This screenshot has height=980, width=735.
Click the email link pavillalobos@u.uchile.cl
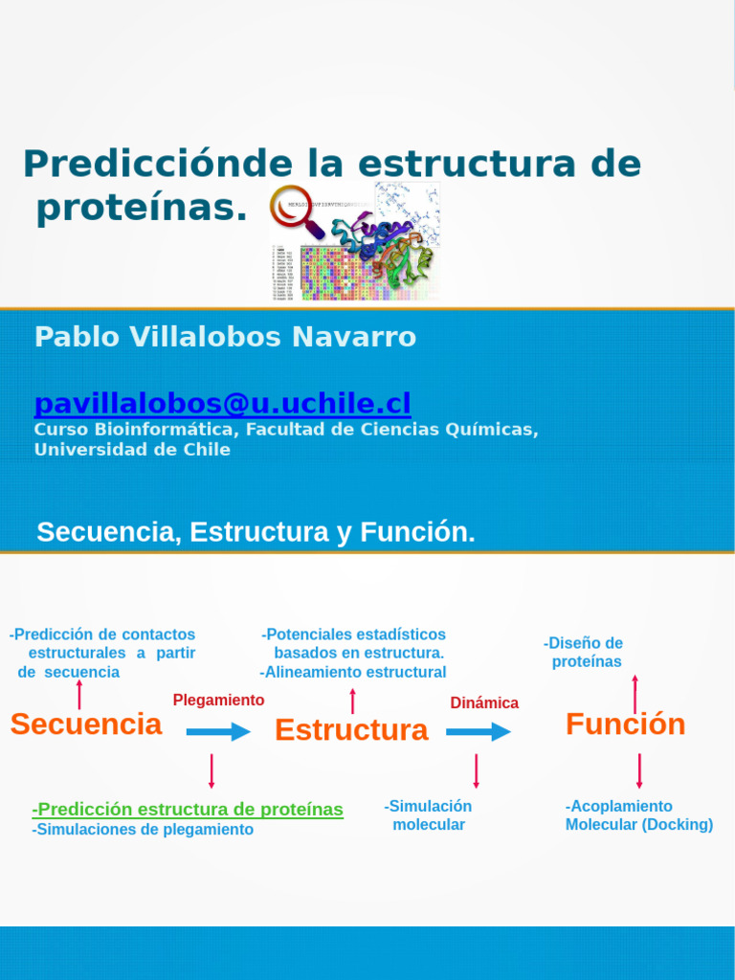tap(222, 403)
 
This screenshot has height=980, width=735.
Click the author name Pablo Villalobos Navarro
tap(225, 337)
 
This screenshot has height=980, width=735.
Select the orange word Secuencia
tap(86, 724)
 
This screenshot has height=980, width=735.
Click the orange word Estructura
tap(351, 730)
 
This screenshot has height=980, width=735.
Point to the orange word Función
tap(625, 724)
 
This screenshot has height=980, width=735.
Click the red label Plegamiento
tap(218, 701)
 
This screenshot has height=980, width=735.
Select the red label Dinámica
tap(484, 703)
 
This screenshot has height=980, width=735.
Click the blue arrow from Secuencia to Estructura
tap(218, 732)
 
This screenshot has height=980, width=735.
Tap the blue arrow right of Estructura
tap(479, 732)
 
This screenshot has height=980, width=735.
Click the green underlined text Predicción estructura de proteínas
tap(188, 810)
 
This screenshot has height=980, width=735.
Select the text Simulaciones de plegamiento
tap(143, 830)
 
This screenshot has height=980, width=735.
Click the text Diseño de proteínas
tap(584, 653)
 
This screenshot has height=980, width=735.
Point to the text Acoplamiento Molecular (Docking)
tap(638, 815)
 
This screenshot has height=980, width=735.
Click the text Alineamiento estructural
tap(353, 672)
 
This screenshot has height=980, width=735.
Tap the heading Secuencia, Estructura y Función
tap(256, 533)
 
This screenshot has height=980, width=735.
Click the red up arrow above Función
tap(635, 693)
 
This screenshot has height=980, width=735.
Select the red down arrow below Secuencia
tap(212, 770)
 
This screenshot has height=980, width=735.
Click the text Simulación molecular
tap(429, 815)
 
